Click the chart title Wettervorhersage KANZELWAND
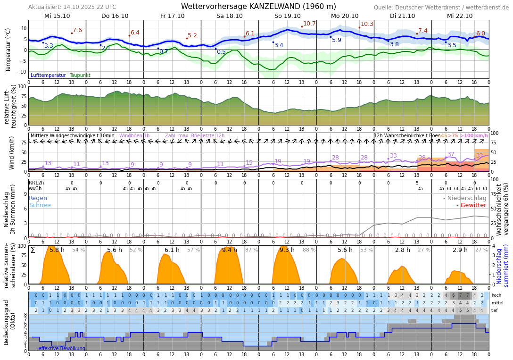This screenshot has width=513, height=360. pyautogui.click(x=258, y=7)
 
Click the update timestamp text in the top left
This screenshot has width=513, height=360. pyautogui.click(x=72, y=7)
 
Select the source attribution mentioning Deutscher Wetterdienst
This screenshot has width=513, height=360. pyautogui.click(x=441, y=8)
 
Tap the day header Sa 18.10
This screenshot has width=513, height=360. pyautogui.click(x=230, y=16)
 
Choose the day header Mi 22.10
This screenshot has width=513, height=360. pyautogui.click(x=460, y=16)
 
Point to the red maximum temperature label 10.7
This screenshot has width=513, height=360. pyautogui.click(x=309, y=24)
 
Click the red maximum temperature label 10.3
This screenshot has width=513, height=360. pyautogui.click(x=367, y=24)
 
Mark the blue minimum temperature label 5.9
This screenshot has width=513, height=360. pyautogui.click(x=336, y=40)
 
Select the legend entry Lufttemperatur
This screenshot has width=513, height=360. pyautogui.click(x=48, y=75)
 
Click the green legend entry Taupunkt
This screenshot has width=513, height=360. pyautogui.click(x=80, y=75)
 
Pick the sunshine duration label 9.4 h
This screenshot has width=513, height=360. pyautogui.click(x=230, y=250)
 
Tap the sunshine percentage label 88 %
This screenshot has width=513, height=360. pyautogui.click(x=309, y=250)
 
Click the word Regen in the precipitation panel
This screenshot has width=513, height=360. pyautogui.click(x=38, y=198)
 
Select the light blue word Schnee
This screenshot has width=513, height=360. pyautogui.click(x=40, y=205)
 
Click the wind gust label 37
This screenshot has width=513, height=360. pyautogui.click(x=451, y=154)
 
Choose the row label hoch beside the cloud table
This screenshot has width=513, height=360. pyautogui.click(x=496, y=295)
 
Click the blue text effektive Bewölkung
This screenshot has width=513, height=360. pyautogui.click(x=60, y=349)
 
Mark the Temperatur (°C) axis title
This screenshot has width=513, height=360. pyautogui.click(x=8, y=50)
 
